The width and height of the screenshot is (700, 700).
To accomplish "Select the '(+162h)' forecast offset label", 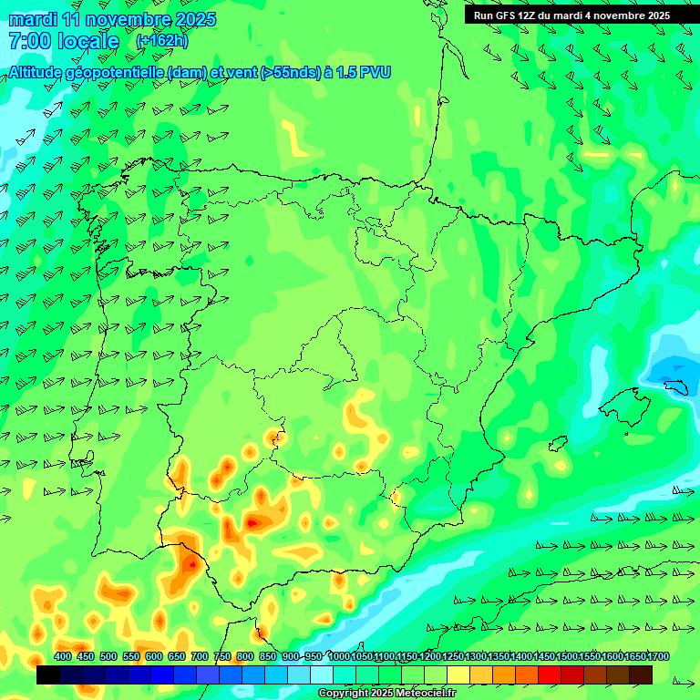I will click(162, 41).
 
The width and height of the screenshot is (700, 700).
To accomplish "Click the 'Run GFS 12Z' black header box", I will click(571, 15).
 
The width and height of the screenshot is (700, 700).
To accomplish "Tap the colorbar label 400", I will click(63, 656).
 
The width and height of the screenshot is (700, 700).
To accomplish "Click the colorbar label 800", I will click(245, 656).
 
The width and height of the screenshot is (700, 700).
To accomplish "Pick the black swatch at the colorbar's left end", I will click(48, 674).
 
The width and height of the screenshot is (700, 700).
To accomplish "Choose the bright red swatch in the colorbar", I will click(550, 674).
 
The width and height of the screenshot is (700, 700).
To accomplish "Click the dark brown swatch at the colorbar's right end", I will click(641, 674).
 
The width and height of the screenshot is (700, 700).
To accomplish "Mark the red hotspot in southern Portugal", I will click(190, 564).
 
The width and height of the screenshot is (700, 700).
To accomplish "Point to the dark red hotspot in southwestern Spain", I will click(252, 523).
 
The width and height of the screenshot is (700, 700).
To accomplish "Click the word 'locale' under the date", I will click(87, 41).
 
